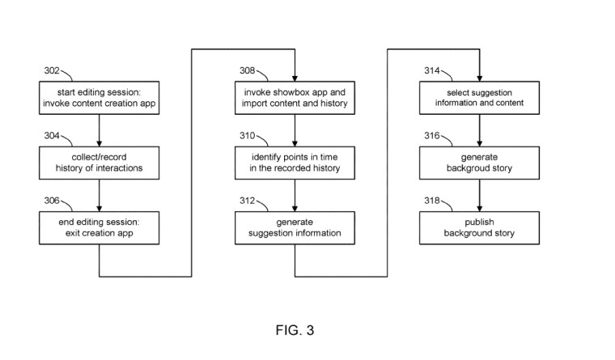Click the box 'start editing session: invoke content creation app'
pyautogui.click(x=100, y=98)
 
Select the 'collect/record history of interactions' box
pyautogui.click(x=100, y=163)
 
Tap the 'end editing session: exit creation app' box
pyautogui.click(x=100, y=228)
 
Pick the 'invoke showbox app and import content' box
pyautogui.click(x=295, y=98)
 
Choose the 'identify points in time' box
pyautogui.click(x=295, y=163)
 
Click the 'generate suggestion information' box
pyautogui.click(x=295, y=228)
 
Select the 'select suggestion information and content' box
pyautogui.click(x=479, y=98)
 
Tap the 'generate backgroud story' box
pyautogui.click(x=479, y=163)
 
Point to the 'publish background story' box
pyautogui.click(x=479, y=228)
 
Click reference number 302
pyautogui.click(x=52, y=70)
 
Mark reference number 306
pyautogui.click(x=52, y=201)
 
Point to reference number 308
pyautogui.click(x=248, y=70)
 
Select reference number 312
pyautogui.click(x=248, y=201)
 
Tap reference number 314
pyautogui.click(x=432, y=70)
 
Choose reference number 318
pyautogui.click(x=432, y=201)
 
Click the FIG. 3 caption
pyautogui.click(x=295, y=330)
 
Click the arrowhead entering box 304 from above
pyautogui.click(x=100, y=143)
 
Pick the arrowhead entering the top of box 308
pyautogui.click(x=295, y=78)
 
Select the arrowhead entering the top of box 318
pyautogui.click(x=479, y=209)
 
